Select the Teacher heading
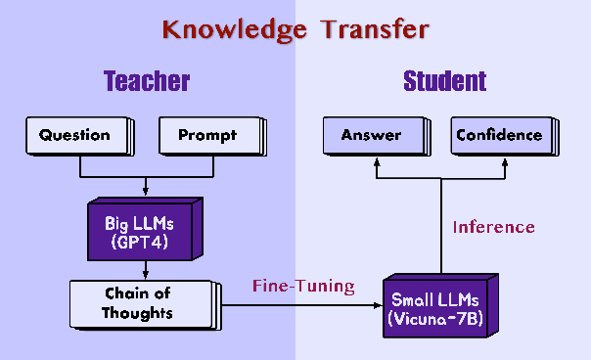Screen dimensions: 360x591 click(x=147, y=81)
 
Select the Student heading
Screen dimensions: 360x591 click(x=444, y=81)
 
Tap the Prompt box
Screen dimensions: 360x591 click(x=207, y=136)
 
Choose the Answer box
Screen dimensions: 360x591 click(x=371, y=136)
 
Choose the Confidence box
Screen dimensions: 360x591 click(x=499, y=136)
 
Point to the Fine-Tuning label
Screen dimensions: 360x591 click(x=303, y=287)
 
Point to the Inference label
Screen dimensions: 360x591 click(x=493, y=227)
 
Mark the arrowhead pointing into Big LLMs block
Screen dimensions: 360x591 click(x=146, y=190)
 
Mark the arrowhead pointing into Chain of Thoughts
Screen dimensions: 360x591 click(x=146, y=275)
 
